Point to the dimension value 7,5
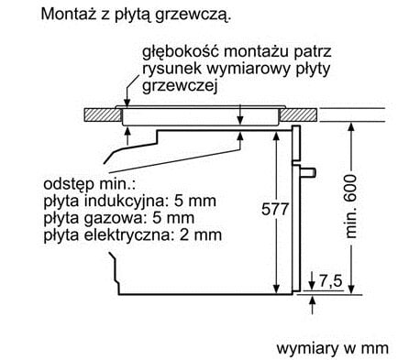tap(333, 279)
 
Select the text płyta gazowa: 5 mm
tap(105, 218)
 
